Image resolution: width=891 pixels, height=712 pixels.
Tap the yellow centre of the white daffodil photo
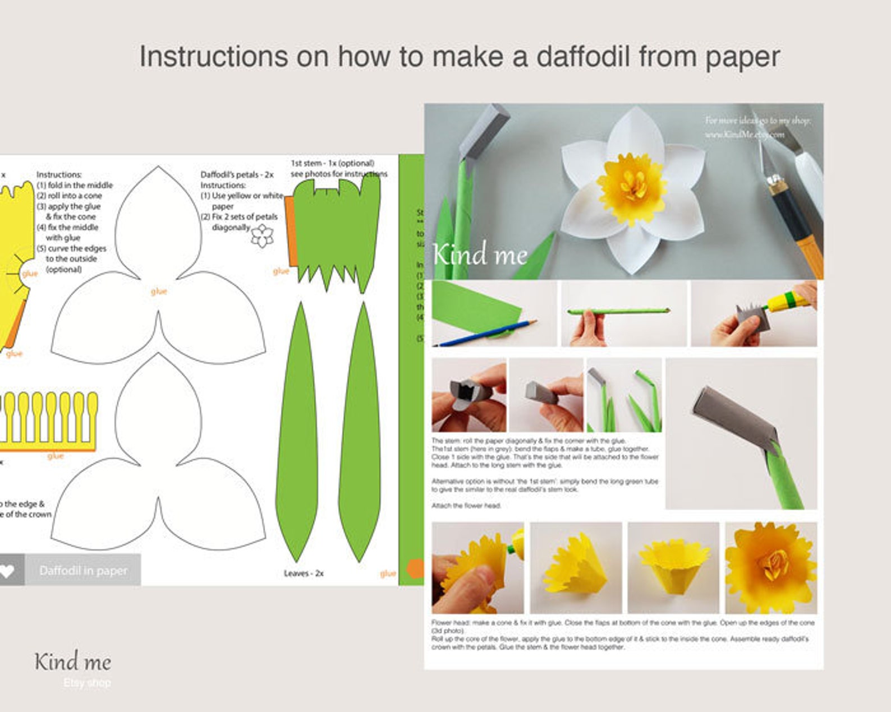click(632, 184)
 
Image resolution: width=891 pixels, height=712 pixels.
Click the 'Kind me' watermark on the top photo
click(480, 255)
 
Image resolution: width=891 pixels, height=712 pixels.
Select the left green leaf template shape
click(297, 432)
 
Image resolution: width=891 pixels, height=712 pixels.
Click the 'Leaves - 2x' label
click(304, 574)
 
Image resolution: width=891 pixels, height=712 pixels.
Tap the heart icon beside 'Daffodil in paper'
click(7, 571)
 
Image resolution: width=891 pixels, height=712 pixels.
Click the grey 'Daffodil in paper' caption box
click(83, 571)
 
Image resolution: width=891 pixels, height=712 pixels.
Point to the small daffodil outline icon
click(261, 235)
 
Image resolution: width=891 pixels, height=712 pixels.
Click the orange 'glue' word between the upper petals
click(159, 292)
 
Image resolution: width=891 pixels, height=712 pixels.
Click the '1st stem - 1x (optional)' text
click(332, 163)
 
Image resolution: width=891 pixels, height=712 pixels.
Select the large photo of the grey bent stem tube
click(741, 433)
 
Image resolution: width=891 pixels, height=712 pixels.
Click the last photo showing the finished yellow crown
click(770, 568)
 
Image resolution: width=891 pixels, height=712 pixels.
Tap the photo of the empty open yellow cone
click(673, 568)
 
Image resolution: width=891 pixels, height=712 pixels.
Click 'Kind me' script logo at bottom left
click(73, 662)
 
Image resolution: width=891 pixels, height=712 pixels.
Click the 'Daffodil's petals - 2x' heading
click(237, 175)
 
